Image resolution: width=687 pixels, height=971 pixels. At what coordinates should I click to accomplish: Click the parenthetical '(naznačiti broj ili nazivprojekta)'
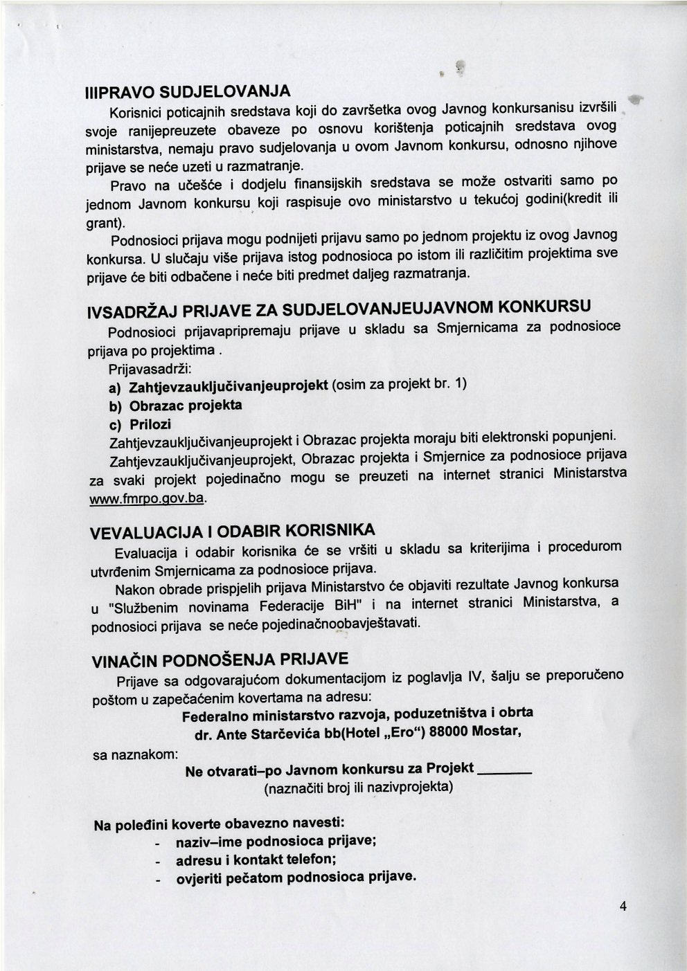click(x=359, y=788)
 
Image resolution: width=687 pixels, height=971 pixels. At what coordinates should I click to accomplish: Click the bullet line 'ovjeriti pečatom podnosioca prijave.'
click(x=296, y=878)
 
